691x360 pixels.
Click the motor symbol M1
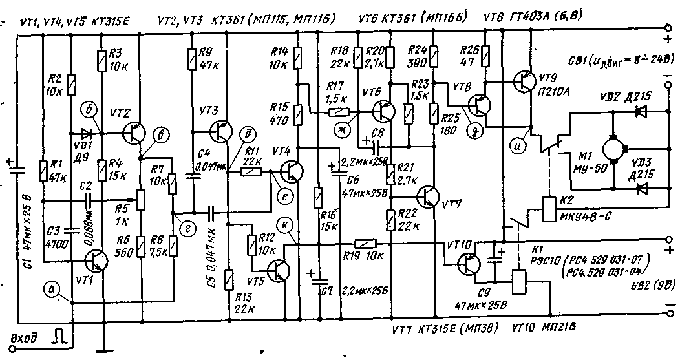(610, 149)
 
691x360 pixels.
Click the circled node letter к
(283, 225)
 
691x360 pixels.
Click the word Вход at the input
(25, 337)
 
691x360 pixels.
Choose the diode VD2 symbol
(641, 112)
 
